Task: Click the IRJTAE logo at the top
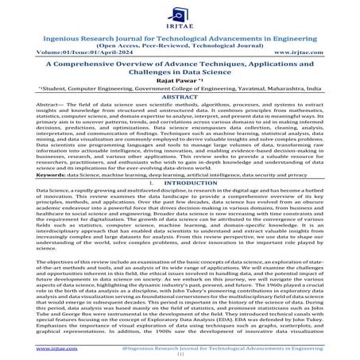click(x=180, y=12)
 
